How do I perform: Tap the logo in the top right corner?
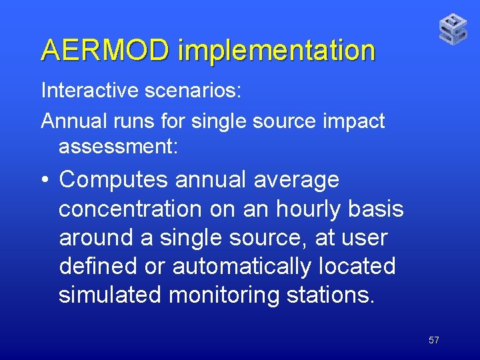pyautogui.click(x=453, y=29)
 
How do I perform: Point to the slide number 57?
pyautogui.click(x=433, y=340)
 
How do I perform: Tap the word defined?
pyautogui.click(x=98, y=266)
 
